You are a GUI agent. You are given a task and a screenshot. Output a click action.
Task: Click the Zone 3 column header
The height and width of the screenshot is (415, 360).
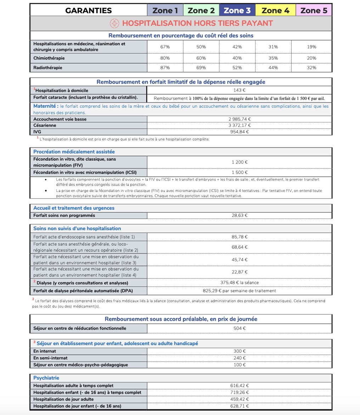point(237,10)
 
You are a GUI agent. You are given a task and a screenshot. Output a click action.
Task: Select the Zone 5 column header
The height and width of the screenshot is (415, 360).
point(314,10)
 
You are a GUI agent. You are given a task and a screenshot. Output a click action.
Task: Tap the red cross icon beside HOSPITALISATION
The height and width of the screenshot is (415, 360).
point(114,23)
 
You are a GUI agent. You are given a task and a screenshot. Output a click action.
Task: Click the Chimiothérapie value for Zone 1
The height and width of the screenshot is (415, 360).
point(165,58)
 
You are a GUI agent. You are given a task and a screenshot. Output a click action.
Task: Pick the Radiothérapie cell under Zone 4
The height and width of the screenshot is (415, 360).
point(273,67)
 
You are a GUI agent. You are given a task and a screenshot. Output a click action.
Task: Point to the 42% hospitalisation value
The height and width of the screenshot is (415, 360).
point(237,47)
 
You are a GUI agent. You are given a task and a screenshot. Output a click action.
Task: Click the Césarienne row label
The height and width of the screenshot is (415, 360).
point(45,125)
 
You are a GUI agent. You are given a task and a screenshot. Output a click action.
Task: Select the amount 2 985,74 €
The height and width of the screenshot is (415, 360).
point(240,119)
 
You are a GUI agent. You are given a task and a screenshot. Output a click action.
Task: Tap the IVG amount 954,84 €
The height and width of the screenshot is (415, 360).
point(240,132)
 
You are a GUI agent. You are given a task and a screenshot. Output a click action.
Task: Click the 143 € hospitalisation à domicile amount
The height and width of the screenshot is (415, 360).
point(240,90)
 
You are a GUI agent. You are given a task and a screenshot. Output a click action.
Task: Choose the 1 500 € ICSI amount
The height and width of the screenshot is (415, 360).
point(240,172)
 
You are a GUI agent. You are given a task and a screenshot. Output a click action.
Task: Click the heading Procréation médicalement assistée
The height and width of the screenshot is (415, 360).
point(74,152)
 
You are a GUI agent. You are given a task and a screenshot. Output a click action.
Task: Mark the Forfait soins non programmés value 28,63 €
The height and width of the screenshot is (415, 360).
point(240,215)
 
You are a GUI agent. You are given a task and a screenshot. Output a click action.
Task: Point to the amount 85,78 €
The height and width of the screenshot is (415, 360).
point(240,237)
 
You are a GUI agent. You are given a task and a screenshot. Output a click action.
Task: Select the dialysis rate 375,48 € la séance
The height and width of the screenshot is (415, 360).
point(240,283)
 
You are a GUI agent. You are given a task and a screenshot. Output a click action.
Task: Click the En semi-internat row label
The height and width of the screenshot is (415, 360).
point(50,358)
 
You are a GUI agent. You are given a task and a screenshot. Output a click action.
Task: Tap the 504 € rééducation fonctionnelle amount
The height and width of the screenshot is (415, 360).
point(240,328)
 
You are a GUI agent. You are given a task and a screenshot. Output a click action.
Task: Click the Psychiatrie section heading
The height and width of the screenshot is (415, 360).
point(46,378)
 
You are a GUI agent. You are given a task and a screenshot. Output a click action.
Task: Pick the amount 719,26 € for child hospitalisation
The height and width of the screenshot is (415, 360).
point(240,392)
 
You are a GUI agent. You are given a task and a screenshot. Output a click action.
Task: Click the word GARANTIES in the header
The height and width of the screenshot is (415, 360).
point(89,10)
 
